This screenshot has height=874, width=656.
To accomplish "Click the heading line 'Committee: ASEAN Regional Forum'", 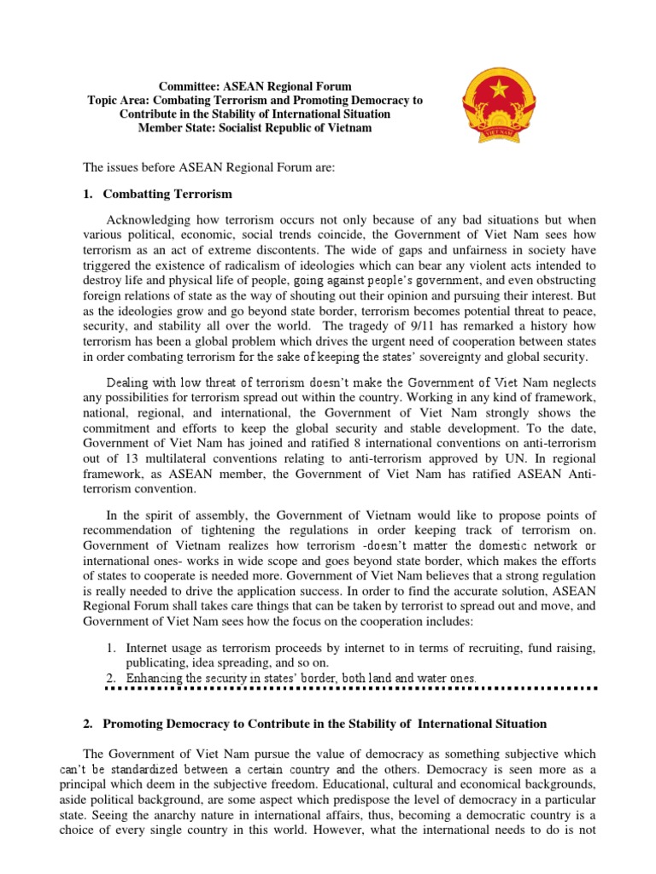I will tap(255, 86).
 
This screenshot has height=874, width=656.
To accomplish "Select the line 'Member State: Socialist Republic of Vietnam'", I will tap(255, 127).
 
